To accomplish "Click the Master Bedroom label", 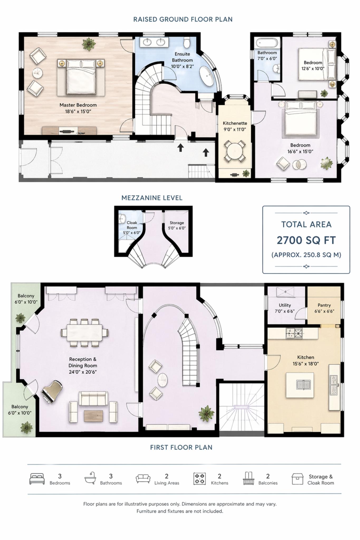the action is (78, 105).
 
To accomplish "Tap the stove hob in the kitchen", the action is (294, 333).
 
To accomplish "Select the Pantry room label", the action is (324, 305).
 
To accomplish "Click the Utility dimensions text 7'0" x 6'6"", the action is (285, 311).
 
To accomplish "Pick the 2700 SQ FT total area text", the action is (306, 240).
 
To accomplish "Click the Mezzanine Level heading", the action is (152, 198).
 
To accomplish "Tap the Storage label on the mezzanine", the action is (177, 223).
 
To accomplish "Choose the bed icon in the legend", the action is (37, 479).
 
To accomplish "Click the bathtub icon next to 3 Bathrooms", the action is (90, 478).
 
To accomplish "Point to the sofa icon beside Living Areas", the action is (143, 478).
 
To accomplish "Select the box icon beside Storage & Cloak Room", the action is (297, 479).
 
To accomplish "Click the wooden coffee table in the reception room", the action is (94, 416).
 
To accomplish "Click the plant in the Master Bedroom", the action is (89, 44).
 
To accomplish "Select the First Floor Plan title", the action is (181, 447).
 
